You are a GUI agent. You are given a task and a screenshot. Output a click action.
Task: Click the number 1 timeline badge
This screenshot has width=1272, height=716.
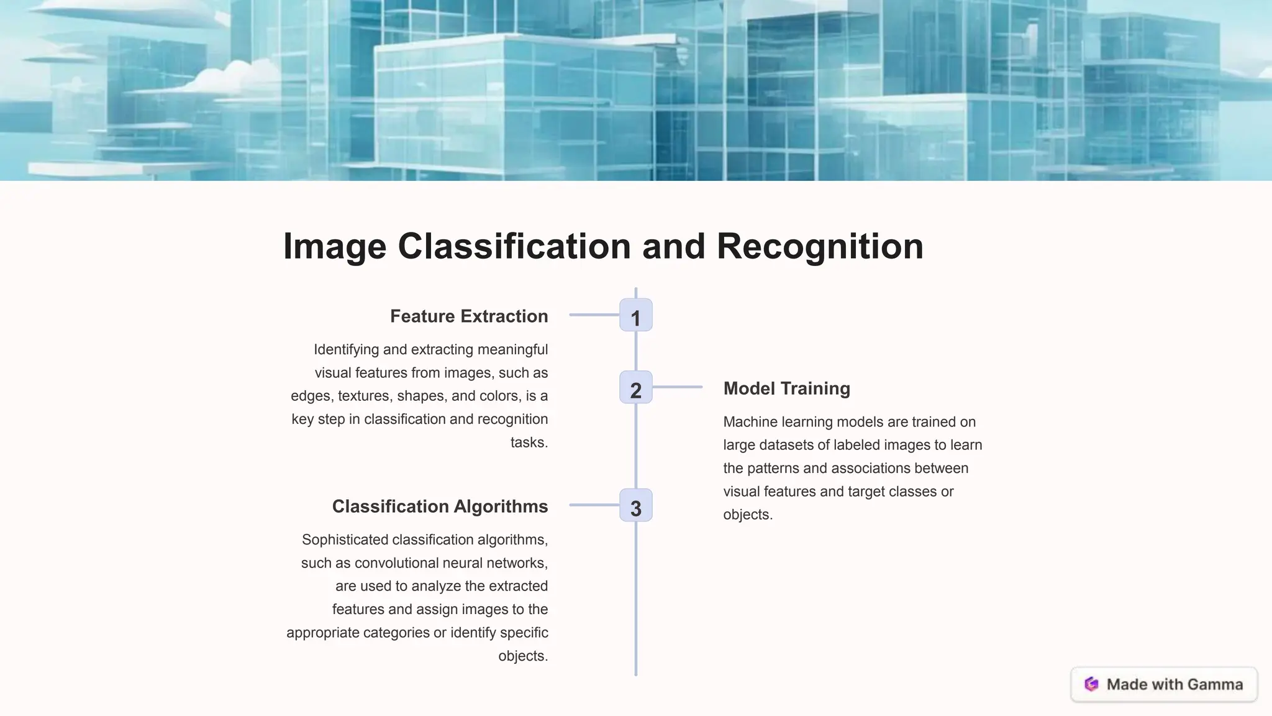coord(635,315)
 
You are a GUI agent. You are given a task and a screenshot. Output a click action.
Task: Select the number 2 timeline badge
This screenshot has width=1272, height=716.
coord(635,387)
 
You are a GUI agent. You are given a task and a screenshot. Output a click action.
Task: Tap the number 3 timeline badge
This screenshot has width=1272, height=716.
coord(635,505)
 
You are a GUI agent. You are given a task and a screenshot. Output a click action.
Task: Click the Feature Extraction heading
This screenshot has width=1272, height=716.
coord(469,316)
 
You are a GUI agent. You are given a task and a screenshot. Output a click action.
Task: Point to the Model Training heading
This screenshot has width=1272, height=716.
coord(786,388)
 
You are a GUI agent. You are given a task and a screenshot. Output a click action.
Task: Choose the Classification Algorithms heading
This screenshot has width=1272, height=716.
coord(440,507)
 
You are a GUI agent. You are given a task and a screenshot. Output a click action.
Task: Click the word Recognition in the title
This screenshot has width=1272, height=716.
coord(820,246)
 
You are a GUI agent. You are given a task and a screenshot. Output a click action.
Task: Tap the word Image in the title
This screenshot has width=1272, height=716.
coord(334,246)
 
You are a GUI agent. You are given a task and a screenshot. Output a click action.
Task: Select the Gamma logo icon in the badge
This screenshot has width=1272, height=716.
coord(1091,684)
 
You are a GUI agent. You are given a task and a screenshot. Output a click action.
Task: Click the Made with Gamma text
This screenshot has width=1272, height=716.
coord(1174,684)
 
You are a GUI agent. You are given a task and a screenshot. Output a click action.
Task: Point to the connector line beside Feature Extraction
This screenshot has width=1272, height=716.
coord(594,315)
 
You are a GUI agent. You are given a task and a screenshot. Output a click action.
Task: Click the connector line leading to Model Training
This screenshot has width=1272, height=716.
coord(677,387)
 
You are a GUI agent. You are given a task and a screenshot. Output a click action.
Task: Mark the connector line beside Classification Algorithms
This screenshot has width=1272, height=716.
coord(594,505)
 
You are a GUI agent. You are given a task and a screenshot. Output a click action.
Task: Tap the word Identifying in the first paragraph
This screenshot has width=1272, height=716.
coord(346,349)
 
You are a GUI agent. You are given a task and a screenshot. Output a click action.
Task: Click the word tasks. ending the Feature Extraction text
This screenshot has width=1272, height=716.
coord(529,443)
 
